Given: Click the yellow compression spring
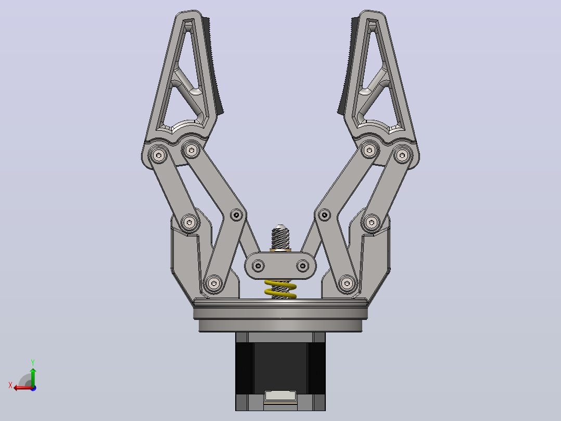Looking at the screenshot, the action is coord(280,289).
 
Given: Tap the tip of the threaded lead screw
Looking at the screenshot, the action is coord(280,226).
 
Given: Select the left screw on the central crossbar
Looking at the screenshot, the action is coord(258,266).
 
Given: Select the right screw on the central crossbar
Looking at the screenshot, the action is coord(303,266).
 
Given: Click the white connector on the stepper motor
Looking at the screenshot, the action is coord(280,397).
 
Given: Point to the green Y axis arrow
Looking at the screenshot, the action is coord(33,377).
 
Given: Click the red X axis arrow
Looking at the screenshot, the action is coord(23,388).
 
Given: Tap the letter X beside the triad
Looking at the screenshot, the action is coord(10,385).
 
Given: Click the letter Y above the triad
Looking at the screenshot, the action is coord(33,362).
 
